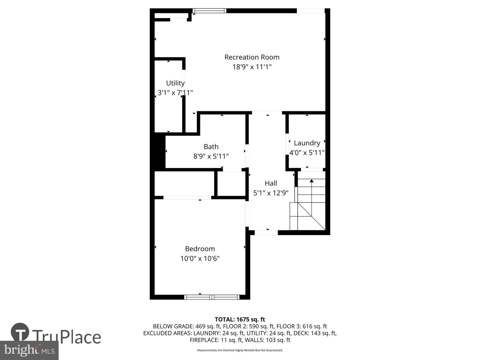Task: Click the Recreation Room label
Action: [252, 57]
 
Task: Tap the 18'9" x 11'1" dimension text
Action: [252, 67]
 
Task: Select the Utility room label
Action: [175, 83]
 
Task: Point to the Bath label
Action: [211, 147]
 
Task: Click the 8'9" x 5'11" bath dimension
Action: [211, 156]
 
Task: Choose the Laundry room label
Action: [307, 143]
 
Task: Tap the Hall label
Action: [271, 183]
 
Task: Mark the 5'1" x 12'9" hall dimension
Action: [271, 193]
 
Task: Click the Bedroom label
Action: [200, 249]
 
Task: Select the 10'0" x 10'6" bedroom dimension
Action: [200, 258]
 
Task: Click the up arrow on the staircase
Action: [311, 181]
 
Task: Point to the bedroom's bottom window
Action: [212, 297]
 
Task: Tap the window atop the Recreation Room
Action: [210, 11]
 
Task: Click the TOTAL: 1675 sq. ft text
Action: [240, 319]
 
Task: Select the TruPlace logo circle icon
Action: [20, 332]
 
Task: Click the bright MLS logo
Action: [29, 350]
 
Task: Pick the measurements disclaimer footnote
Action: [240, 350]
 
